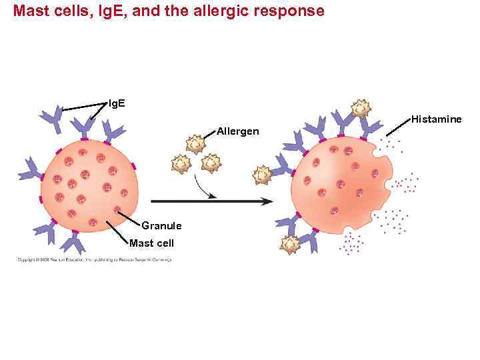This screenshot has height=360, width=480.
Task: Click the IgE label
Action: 116,103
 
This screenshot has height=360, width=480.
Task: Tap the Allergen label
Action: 238,131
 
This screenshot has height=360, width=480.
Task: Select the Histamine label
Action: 436,119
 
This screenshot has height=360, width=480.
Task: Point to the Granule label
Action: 161,226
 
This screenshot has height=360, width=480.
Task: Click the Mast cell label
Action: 151,243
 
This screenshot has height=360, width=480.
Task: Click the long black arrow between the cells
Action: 211,201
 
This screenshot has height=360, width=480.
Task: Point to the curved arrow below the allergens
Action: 204,188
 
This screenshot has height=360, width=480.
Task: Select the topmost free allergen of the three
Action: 195,143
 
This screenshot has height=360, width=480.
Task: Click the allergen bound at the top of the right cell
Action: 361,108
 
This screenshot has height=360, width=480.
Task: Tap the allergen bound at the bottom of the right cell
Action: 291,245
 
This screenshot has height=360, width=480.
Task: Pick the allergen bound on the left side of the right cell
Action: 262,175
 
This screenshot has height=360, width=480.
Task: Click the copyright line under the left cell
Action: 94,259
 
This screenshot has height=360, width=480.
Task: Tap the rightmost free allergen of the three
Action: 211,163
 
